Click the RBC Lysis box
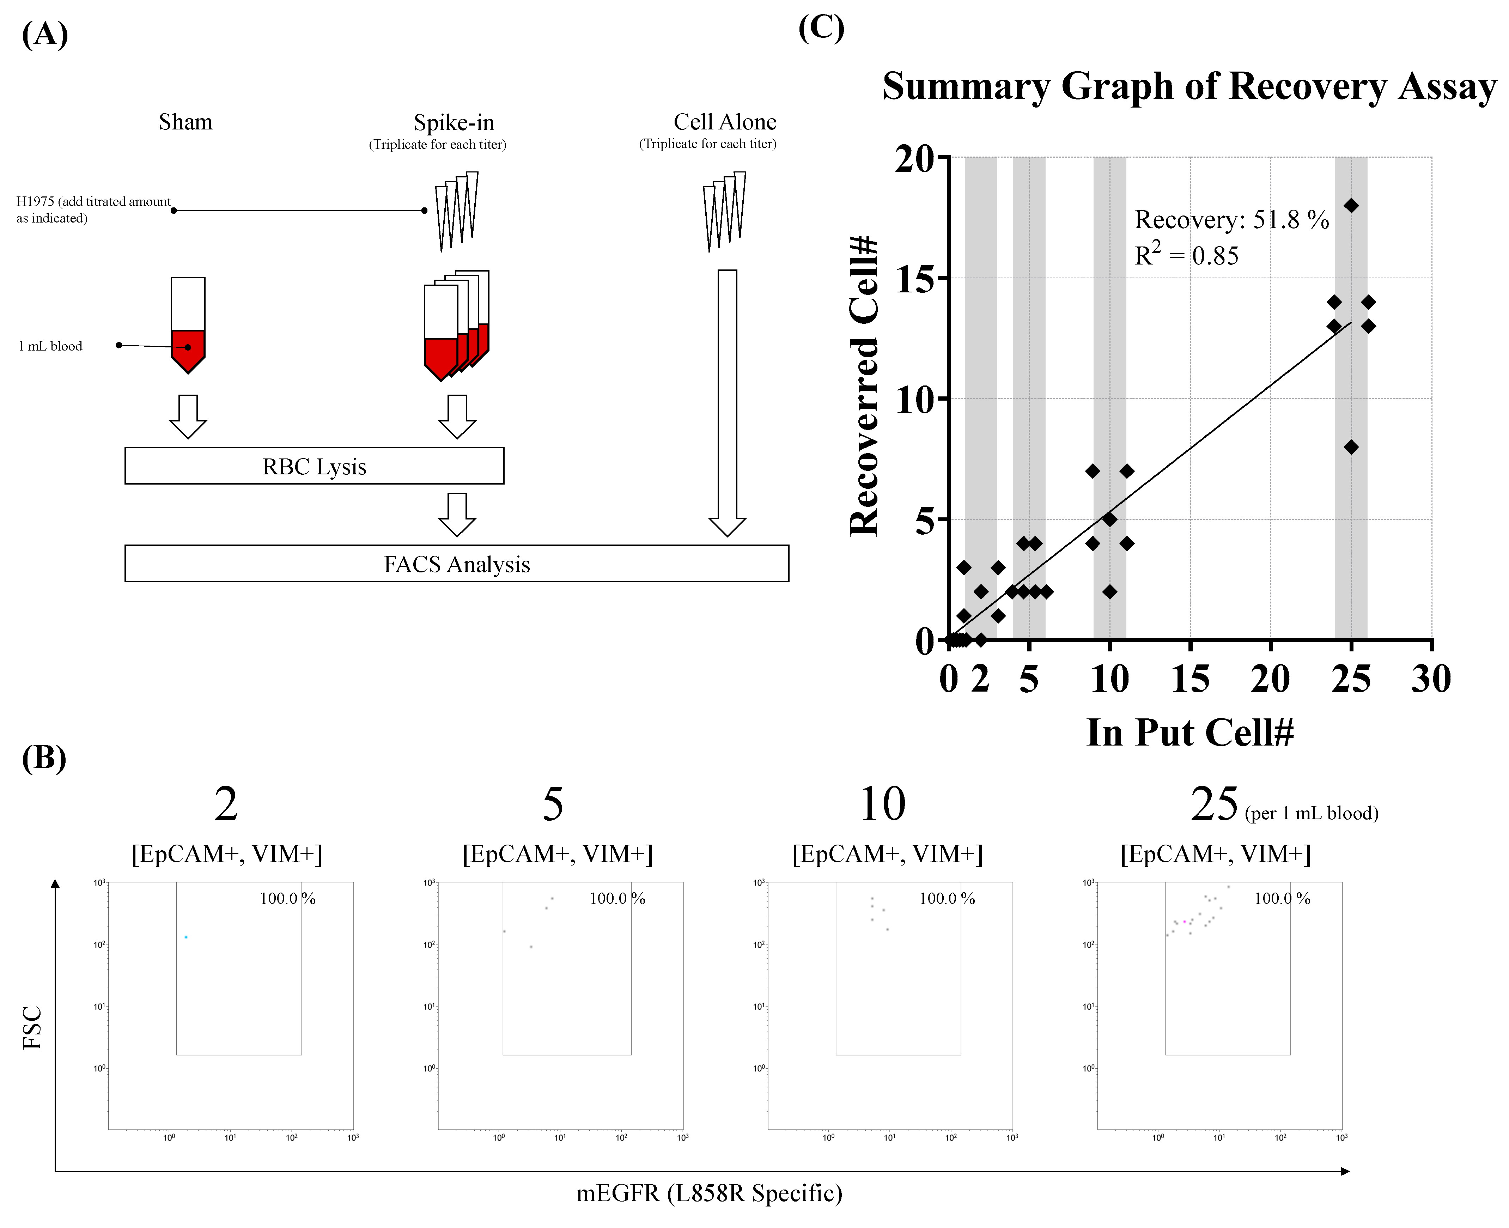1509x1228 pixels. (314, 466)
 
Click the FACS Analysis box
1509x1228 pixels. (456, 564)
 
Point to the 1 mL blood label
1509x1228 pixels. (50, 346)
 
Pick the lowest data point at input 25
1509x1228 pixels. (1351, 447)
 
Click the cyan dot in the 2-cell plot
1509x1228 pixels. (186, 937)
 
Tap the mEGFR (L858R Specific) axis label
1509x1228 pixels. (709, 1193)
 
